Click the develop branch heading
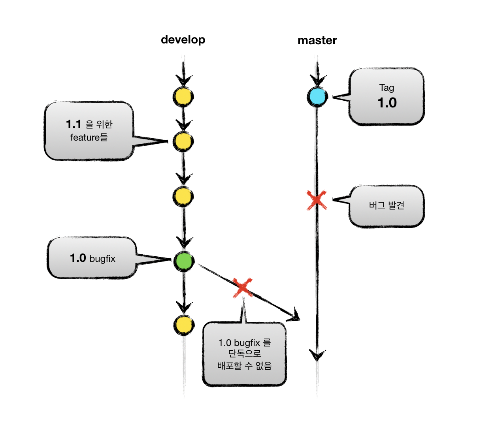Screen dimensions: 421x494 [x=183, y=40]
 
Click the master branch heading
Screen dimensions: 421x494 [x=317, y=40]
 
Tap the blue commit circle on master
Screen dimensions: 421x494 [x=317, y=97]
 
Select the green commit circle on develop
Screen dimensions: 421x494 [x=184, y=261]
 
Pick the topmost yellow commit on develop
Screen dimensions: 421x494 [x=183, y=97]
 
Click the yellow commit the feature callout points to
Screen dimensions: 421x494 [x=183, y=141]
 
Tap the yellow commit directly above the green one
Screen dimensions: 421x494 [x=183, y=197]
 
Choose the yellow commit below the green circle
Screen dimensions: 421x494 [x=184, y=325]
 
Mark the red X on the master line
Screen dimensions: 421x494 [x=317, y=200]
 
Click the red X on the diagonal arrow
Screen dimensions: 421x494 [x=243, y=287]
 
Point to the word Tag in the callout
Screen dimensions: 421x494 [x=387, y=88]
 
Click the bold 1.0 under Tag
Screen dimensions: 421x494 [x=387, y=103]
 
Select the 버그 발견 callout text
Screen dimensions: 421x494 [x=387, y=205]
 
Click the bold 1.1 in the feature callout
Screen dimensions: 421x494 [x=74, y=124]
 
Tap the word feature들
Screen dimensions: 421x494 [x=89, y=137]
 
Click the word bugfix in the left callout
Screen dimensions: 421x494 [x=102, y=259]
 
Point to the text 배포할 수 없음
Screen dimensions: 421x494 [x=244, y=366]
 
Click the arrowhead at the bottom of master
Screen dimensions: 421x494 [x=317, y=355]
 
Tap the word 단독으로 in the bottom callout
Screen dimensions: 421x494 [x=244, y=354]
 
